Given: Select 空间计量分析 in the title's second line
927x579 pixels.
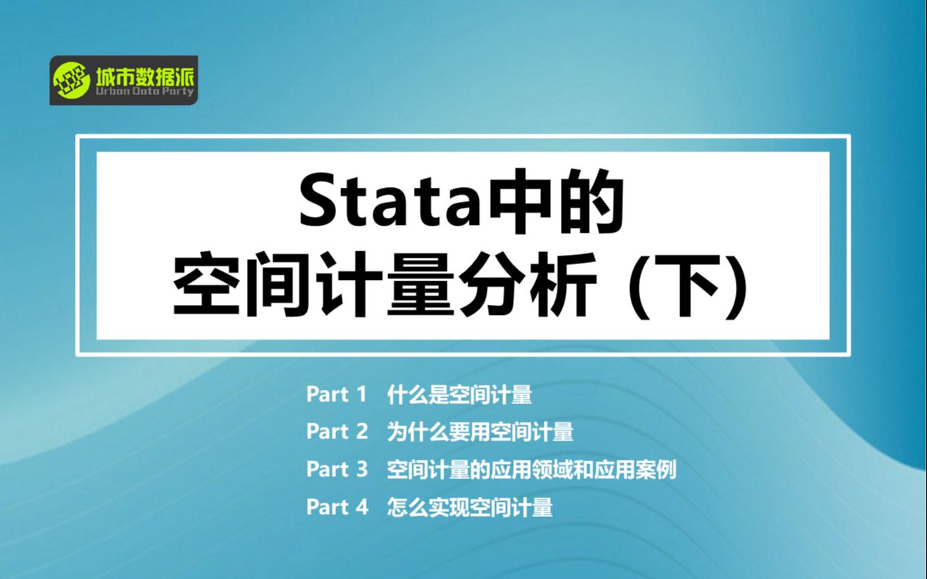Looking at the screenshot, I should tap(385, 286).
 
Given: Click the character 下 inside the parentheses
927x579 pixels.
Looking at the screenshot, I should tap(692, 286).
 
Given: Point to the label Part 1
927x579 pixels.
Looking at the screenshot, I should tap(337, 394).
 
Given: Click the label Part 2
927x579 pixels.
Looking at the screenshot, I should tap(337, 432).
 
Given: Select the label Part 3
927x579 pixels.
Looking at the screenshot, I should tap(337, 470).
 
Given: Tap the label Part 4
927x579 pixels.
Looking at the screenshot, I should tap(337, 508).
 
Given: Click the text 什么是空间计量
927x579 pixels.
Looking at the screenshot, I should tap(460, 394).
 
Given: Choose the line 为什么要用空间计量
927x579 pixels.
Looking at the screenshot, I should tap(480, 432).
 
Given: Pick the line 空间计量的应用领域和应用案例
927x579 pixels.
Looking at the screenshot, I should tap(532, 470).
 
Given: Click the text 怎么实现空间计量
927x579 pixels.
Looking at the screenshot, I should tap(470, 508).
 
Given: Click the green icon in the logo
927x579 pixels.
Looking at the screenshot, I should tap(71, 79).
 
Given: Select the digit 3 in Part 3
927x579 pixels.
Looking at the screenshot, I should tap(362, 470).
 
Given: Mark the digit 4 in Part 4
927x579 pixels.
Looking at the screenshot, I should tap(362, 508).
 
